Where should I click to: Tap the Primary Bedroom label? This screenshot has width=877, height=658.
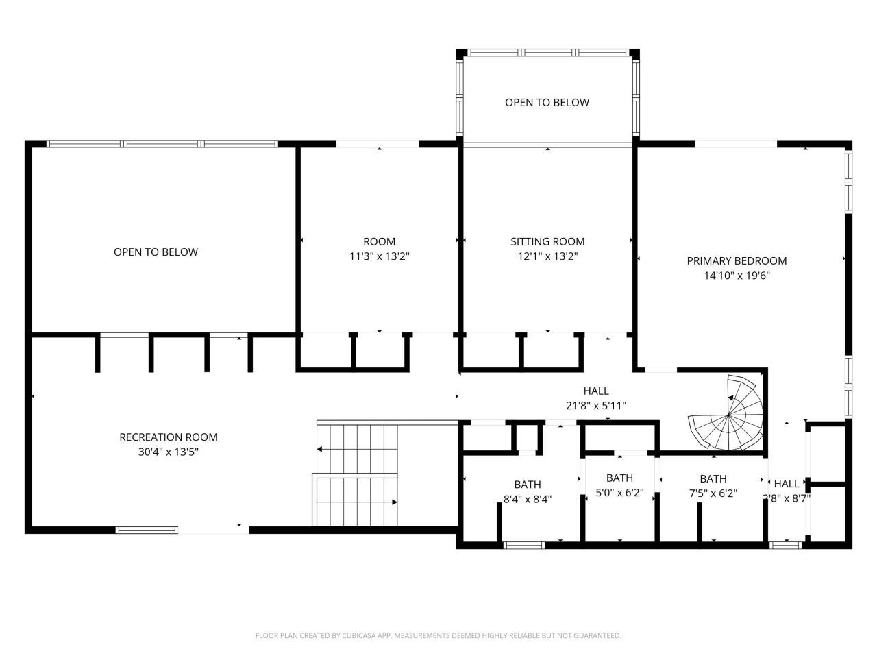tap(737, 260)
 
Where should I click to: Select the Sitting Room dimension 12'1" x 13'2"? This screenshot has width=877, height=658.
tap(547, 256)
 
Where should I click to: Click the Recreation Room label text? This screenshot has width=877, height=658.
tap(169, 437)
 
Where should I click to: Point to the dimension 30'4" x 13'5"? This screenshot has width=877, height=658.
tap(169, 452)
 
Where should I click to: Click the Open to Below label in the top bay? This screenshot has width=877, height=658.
tap(547, 102)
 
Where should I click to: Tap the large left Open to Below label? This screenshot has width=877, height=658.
tap(156, 252)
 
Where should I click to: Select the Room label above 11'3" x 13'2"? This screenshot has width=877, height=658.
tap(379, 241)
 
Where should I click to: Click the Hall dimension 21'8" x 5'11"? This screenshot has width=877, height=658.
tap(595, 406)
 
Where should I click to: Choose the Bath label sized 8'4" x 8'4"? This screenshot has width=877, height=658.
tap(528, 485)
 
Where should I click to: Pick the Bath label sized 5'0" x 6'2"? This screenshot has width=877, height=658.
tap(619, 478)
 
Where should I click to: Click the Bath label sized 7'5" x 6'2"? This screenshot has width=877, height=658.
tap(713, 478)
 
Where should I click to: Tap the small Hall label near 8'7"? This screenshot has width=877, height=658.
tap(787, 483)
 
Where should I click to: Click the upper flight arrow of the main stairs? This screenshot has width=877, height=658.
tap(356, 450)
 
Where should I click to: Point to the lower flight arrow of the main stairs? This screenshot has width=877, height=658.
tap(356, 502)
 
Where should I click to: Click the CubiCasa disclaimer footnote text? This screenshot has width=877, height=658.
tap(438, 635)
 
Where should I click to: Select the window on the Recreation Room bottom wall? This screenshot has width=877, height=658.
tap(146, 530)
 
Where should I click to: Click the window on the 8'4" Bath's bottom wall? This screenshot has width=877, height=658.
tap(523, 546)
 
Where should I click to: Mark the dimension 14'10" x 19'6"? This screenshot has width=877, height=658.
tap(737, 276)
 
